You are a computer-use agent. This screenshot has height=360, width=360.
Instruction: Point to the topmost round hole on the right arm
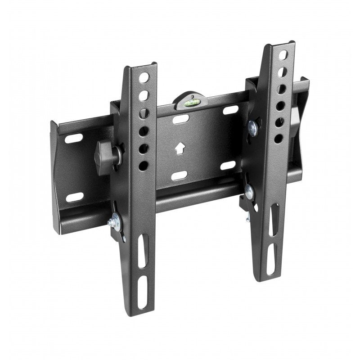283,55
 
